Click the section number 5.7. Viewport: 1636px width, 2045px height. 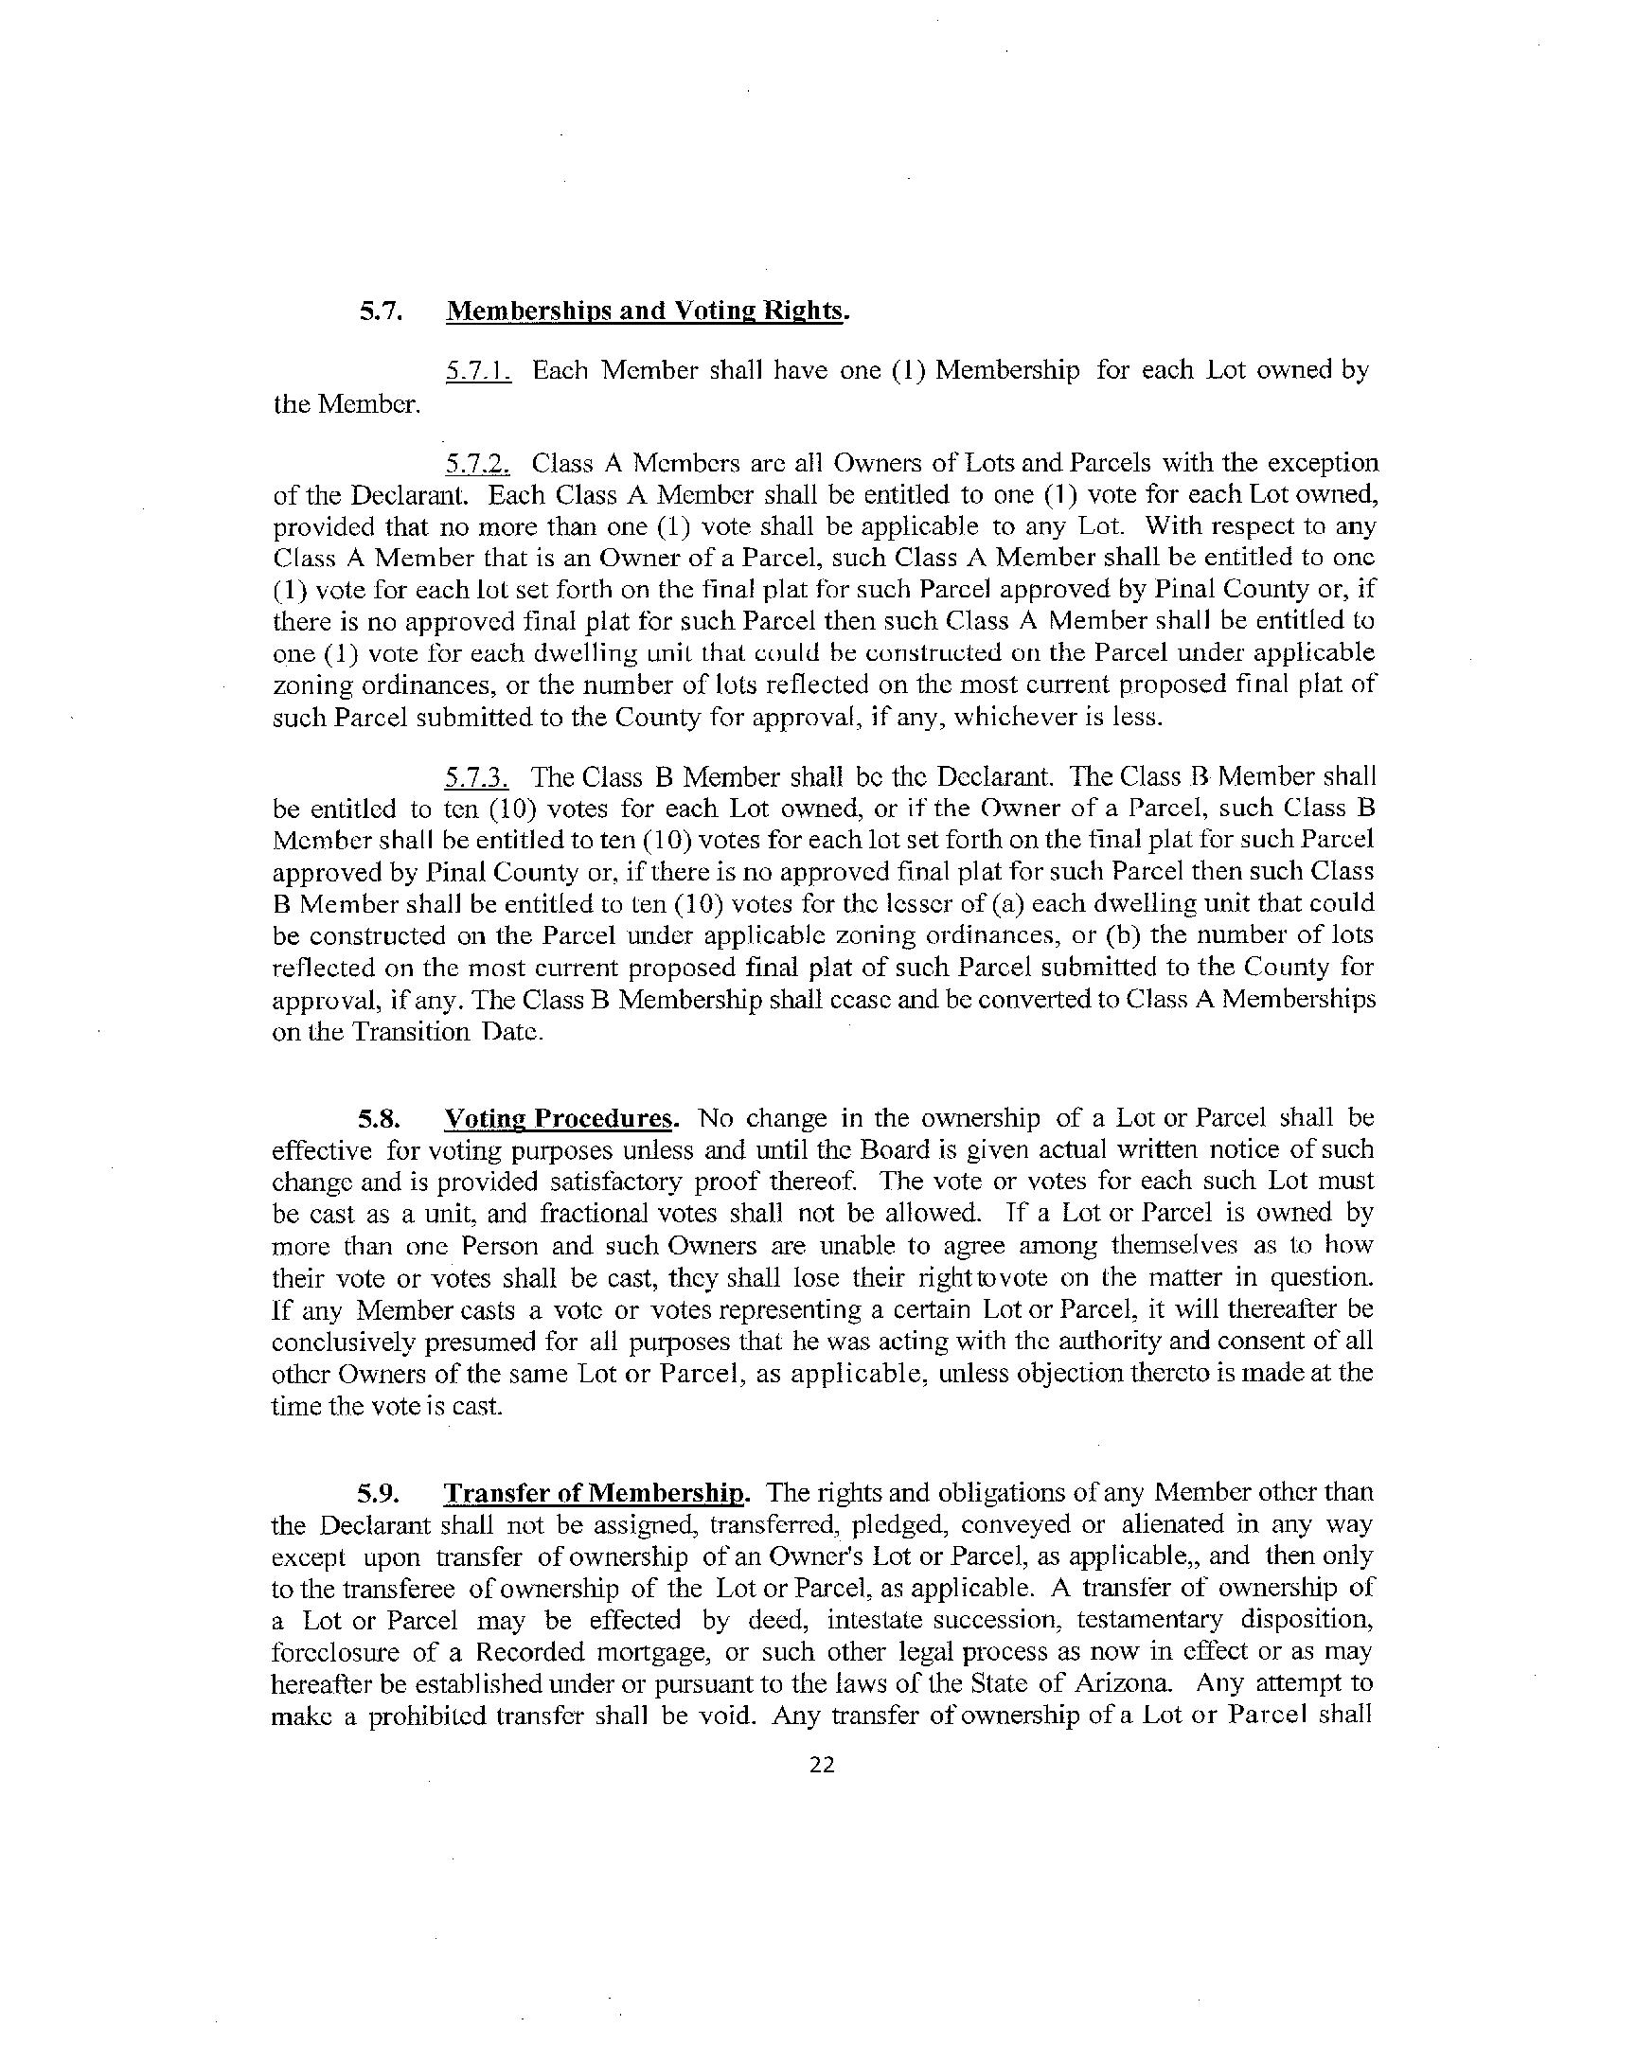pyautogui.click(x=382, y=311)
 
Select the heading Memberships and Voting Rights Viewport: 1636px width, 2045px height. pyautogui.click(x=645, y=311)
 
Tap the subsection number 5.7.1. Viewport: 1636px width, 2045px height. pyautogui.click(x=478, y=370)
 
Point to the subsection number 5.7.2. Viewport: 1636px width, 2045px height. pyautogui.click(x=478, y=464)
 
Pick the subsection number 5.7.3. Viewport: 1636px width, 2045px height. pyautogui.click(x=477, y=777)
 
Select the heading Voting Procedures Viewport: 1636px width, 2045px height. pyautogui.click(x=560, y=1118)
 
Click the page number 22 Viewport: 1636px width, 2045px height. pyautogui.click(x=822, y=1764)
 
